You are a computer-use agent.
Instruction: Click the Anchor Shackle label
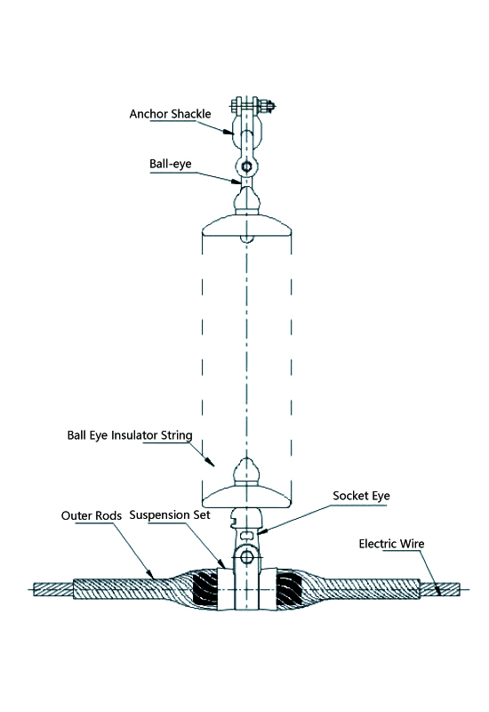click(170, 114)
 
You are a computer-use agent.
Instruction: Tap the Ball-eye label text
click(171, 164)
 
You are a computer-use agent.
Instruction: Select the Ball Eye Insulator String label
click(130, 435)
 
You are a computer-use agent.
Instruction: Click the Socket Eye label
click(361, 496)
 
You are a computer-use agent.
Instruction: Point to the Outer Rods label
click(92, 515)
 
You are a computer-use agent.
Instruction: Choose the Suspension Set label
click(170, 515)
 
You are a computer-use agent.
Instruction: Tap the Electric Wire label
click(391, 544)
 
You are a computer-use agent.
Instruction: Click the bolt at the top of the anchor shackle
click(253, 106)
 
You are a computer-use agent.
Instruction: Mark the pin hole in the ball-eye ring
click(246, 166)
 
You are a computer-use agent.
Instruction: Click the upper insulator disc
click(247, 227)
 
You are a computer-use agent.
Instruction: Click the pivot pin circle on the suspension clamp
click(246, 556)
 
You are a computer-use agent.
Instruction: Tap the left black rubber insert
click(205, 589)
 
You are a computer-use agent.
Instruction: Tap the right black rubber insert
click(288, 589)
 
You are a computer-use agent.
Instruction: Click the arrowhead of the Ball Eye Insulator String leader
click(210, 462)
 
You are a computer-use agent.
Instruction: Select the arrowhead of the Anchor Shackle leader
click(228, 132)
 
